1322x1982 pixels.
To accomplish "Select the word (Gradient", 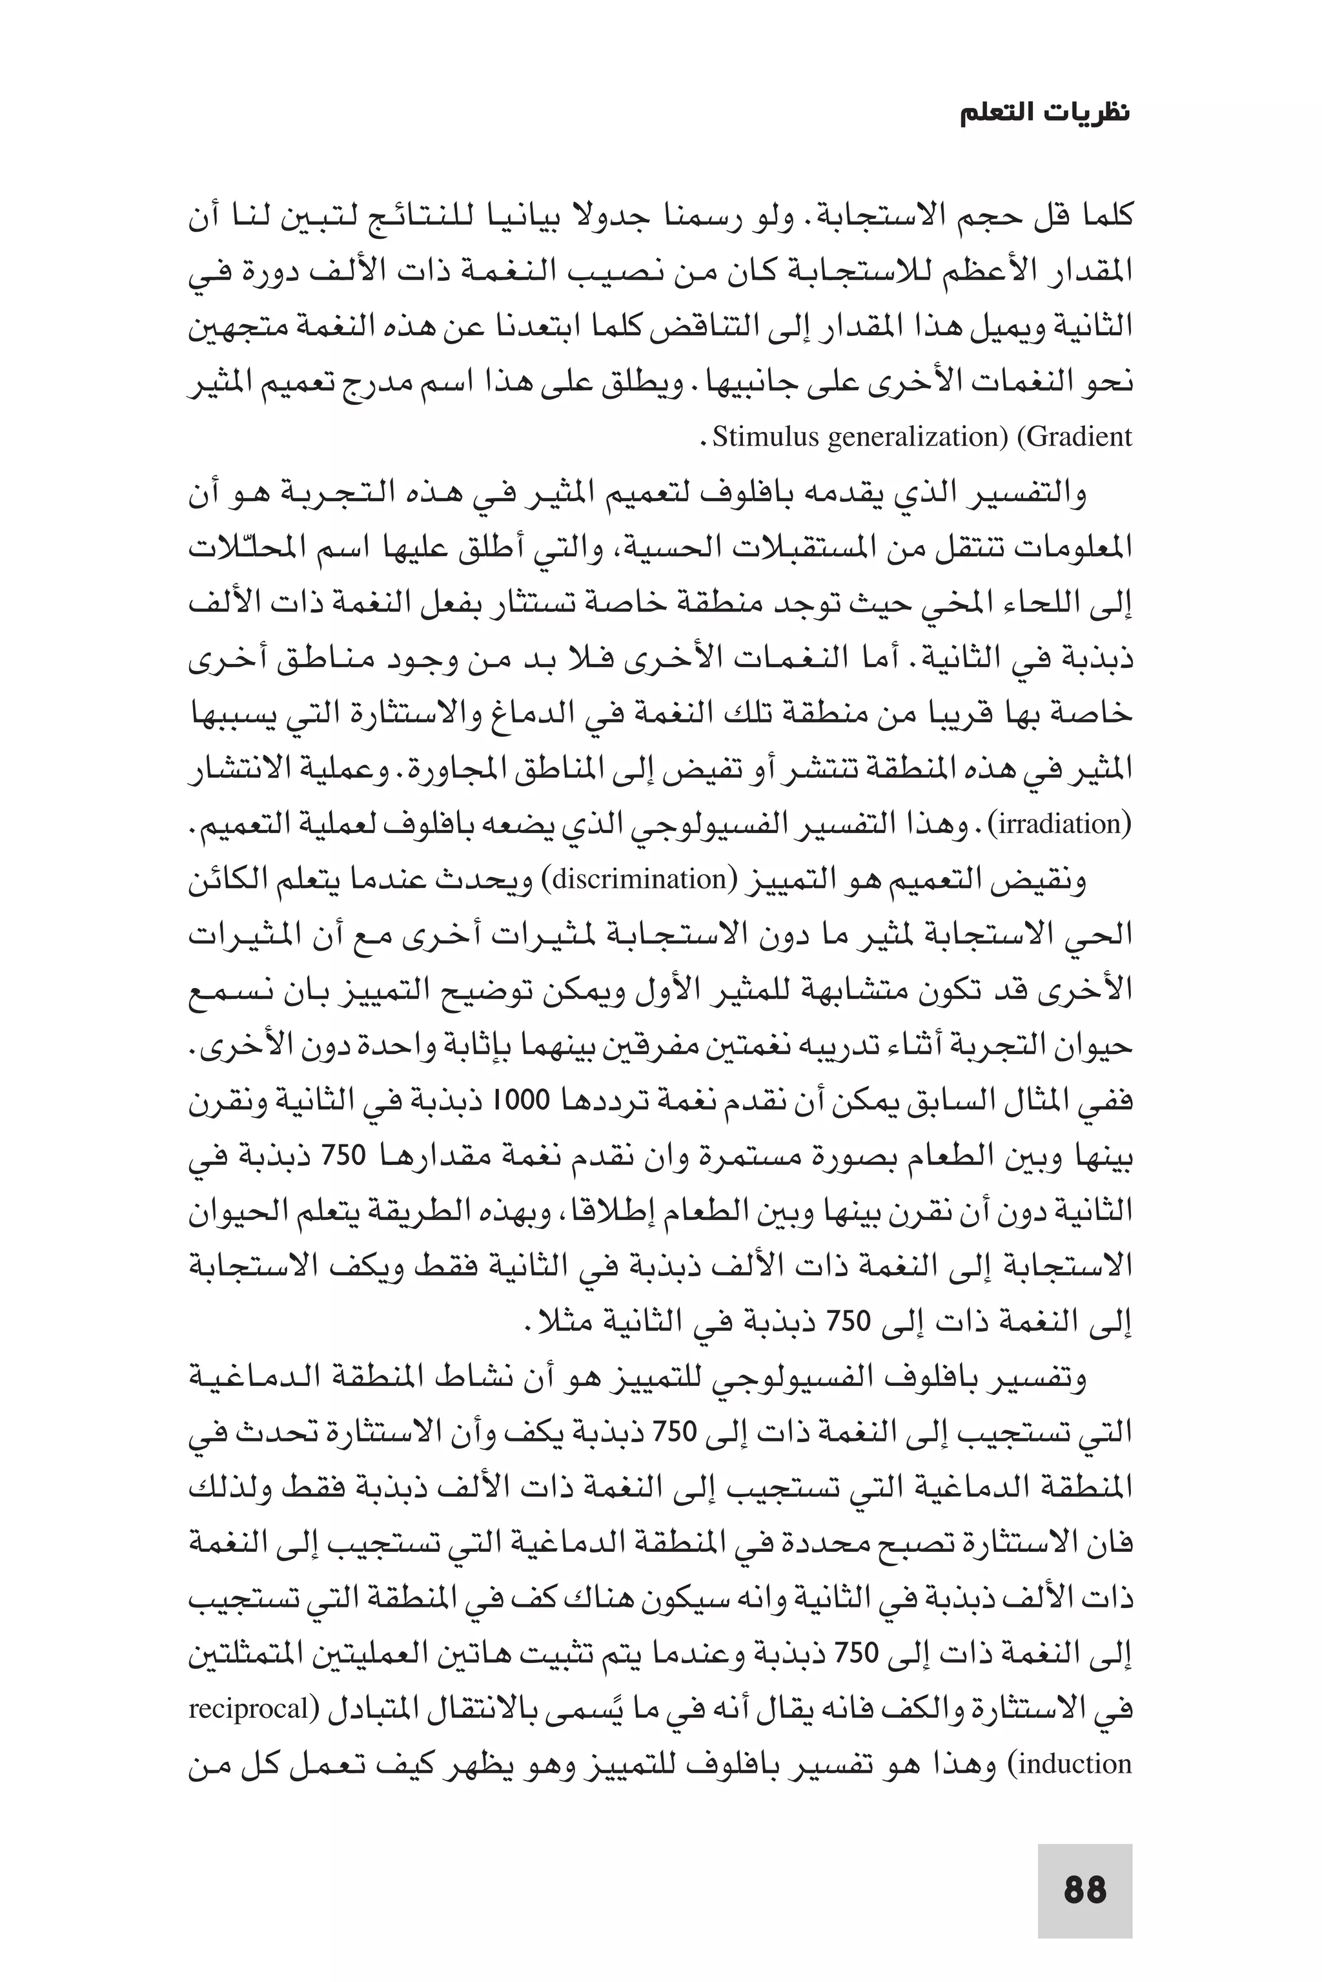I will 1074,437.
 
